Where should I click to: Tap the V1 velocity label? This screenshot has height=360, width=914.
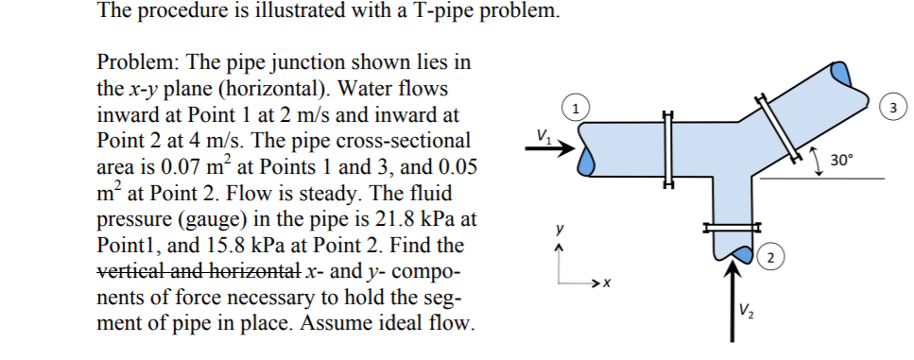tap(543, 133)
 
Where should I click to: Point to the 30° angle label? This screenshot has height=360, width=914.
tap(842, 160)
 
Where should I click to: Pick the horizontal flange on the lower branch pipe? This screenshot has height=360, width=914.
tap(730, 226)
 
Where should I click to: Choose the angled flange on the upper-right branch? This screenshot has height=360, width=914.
tap(778, 127)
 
